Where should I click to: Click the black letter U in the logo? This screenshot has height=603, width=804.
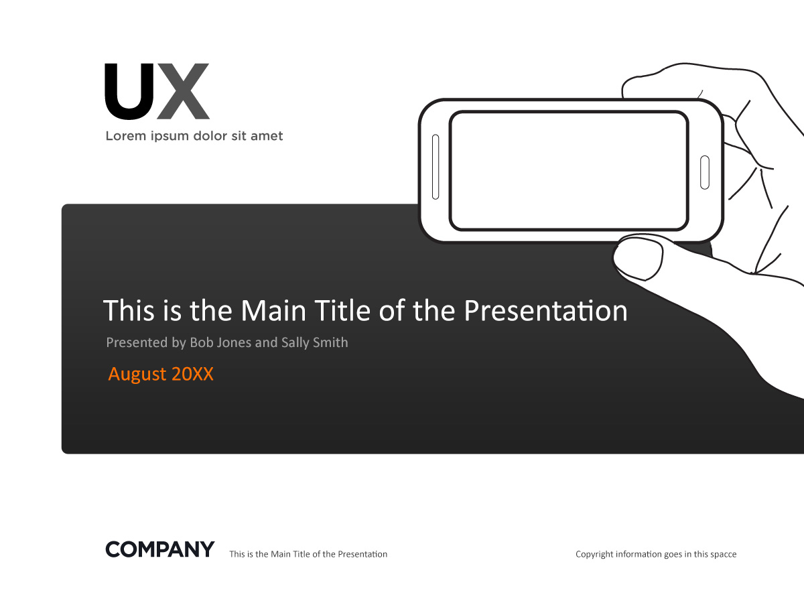tap(129, 92)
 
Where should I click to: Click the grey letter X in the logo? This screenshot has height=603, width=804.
tap(183, 92)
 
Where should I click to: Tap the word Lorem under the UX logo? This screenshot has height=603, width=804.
tap(126, 136)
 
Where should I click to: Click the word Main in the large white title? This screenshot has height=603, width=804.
tap(273, 310)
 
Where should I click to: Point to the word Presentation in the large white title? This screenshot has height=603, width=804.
tap(546, 310)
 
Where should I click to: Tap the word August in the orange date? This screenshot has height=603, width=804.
tap(137, 374)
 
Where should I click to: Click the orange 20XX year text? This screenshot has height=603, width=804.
tap(193, 374)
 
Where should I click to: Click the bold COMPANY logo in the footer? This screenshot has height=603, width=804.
tap(160, 549)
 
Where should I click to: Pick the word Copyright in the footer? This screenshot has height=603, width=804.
tap(594, 554)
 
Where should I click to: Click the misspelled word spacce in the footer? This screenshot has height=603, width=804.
tap(724, 555)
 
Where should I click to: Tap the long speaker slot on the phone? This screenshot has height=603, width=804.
tap(435, 167)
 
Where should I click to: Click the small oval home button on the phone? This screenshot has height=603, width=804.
tap(705, 172)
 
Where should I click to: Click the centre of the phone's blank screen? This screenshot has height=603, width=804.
tap(569, 171)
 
